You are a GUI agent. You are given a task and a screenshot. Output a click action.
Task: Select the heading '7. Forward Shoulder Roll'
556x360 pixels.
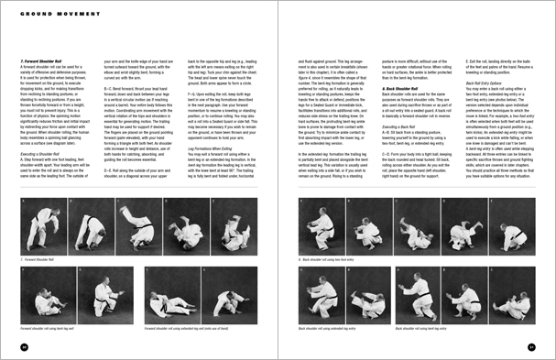click(x=42, y=60)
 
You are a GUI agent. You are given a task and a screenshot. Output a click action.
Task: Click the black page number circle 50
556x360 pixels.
click(x=24, y=346)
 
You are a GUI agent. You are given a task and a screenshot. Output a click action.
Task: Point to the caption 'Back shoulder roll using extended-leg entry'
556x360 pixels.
click(x=335, y=325)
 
